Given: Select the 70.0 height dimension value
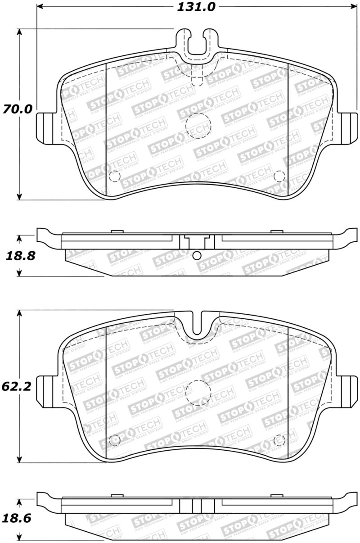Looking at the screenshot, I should pos(17,109).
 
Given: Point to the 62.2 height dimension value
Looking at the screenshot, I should pos(17,386).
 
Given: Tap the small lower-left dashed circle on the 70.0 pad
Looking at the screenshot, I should pos(115,176).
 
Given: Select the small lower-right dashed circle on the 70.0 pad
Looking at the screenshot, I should pos(279,176).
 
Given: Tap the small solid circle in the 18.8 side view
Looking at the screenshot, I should pos(197,256).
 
